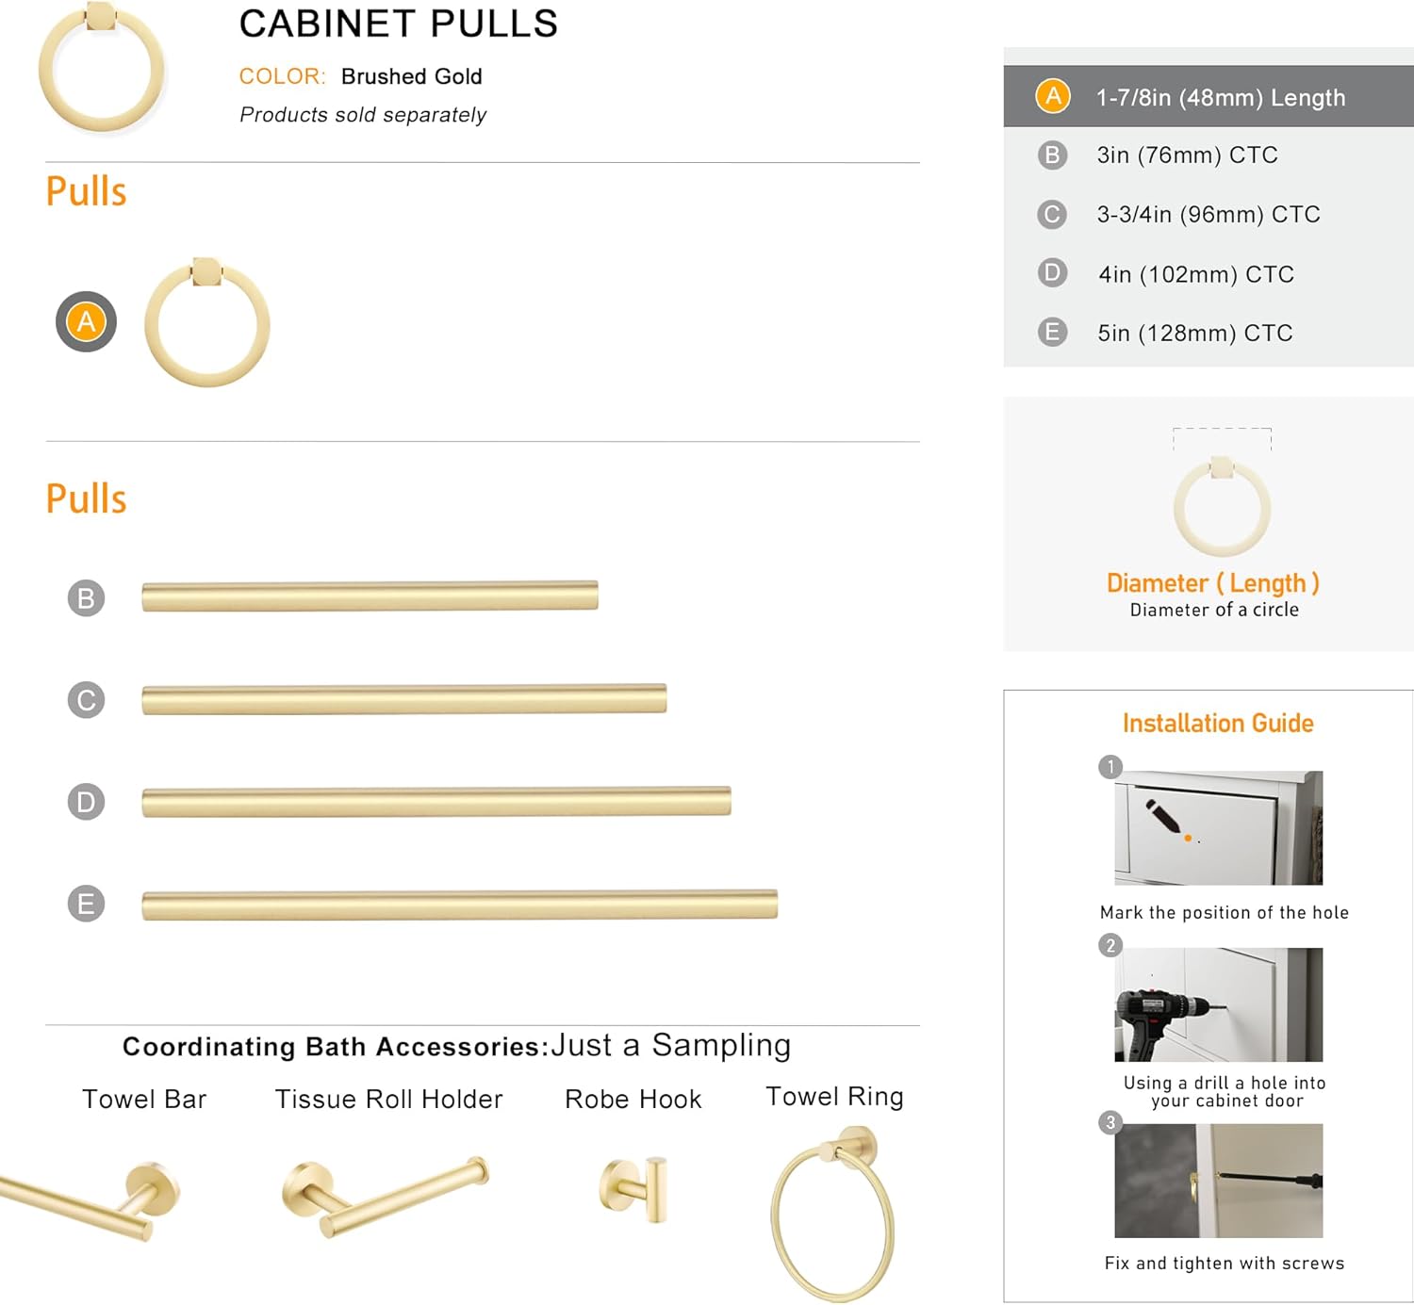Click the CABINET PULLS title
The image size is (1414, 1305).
pos(398,24)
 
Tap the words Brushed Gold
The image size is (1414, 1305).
pos(411,76)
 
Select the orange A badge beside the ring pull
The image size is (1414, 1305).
pos(86,321)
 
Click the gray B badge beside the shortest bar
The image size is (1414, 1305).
pos(86,598)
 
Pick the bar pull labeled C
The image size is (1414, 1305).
pos(403,699)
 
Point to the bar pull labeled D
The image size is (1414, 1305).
pos(436,802)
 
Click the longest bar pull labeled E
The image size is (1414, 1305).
pos(459,905)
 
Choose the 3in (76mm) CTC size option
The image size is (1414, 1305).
pos(1186,155)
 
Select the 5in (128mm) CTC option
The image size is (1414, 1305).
pos(1193,333)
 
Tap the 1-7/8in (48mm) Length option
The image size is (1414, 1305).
pos(1220,97)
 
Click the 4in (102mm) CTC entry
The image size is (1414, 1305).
pos(1195,274)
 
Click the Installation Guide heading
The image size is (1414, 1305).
pos(1217,724)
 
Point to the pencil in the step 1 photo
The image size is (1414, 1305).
pos(1163,816)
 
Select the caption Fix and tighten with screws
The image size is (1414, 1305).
pos(1224,1264)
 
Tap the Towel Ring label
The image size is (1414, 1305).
pos(834,1097)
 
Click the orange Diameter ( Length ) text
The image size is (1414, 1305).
pos(1212,583)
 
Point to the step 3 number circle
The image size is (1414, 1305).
pos(1110,1122)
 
